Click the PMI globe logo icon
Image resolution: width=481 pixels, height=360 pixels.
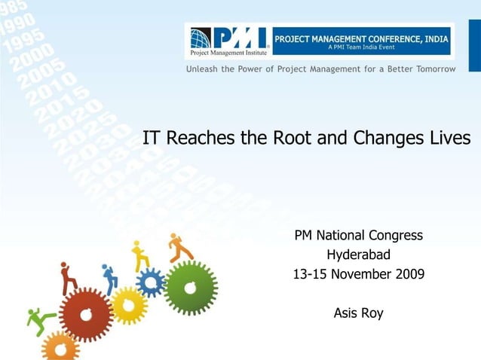point(201,38)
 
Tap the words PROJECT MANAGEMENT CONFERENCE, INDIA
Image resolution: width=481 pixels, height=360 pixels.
point(361,38)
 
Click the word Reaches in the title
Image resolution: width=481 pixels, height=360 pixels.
point(199,139)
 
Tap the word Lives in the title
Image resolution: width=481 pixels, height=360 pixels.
point(450,139)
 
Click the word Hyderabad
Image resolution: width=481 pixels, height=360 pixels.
point(358,255)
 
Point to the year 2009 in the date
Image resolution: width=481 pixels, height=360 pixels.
point(408,274)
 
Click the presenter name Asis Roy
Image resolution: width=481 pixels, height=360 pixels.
point(358,313)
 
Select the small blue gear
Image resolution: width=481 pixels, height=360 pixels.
point(151,282)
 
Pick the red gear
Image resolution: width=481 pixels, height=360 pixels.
point(87,315)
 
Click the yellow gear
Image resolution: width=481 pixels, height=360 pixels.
point(129,305)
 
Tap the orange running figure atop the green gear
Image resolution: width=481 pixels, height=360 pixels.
point(180,247)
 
